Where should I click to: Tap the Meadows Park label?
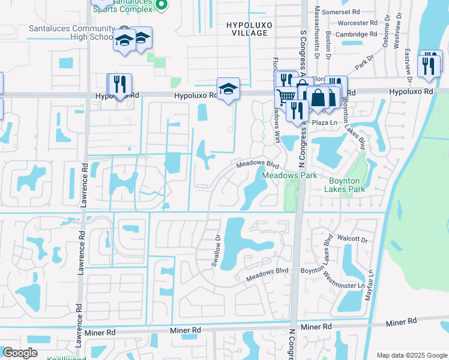pos(281,176)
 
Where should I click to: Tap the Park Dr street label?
pos(363,61)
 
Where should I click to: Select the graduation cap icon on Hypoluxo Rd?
pos(229,89)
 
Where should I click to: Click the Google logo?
pos(20,353)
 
